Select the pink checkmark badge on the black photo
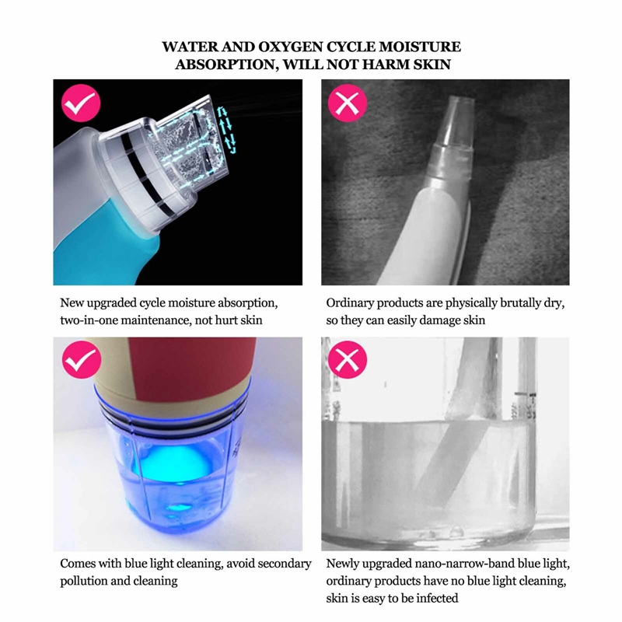tap(81, 103)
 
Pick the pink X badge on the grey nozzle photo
tap(348, 103)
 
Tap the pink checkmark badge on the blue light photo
tap(82, 359)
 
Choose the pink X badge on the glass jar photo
tap(348, 359)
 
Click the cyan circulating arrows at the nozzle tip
tap(226, 130)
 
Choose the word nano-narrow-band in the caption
tap(439, 563)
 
